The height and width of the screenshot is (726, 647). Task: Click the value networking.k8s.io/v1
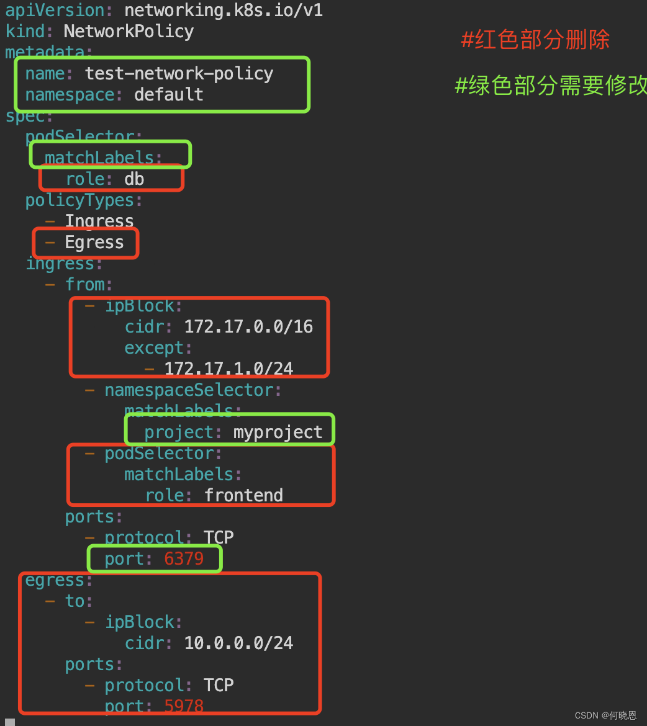click(224, 11)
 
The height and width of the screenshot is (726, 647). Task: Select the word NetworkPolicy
click(129, 32)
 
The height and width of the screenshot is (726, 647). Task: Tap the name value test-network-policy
click(179, 74)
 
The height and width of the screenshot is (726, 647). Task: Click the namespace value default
click(168, 95)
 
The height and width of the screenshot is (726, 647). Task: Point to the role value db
click(134, 179)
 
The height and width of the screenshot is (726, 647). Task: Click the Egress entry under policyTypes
click(94, 243)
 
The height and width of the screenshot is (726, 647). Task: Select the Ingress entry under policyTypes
click(99, 222)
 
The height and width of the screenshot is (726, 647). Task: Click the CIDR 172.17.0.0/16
click(248, 327)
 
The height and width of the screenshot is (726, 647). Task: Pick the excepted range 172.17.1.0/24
click(228, 369)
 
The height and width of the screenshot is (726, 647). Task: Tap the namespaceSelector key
click(189, 390)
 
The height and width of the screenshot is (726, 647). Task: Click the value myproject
click(278, 432)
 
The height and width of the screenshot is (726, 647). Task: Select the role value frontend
click(243, 496)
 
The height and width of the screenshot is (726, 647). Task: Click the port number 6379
click(184, 559)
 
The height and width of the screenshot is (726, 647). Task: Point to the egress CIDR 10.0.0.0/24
click(238, 643)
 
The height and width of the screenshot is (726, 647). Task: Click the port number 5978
click(184, 706)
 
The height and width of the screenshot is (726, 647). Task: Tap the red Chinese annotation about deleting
click(535, 40)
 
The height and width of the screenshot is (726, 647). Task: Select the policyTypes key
click(79, 200)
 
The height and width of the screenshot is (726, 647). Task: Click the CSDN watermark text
click(605, 715)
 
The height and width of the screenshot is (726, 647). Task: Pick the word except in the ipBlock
click(154, 348)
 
